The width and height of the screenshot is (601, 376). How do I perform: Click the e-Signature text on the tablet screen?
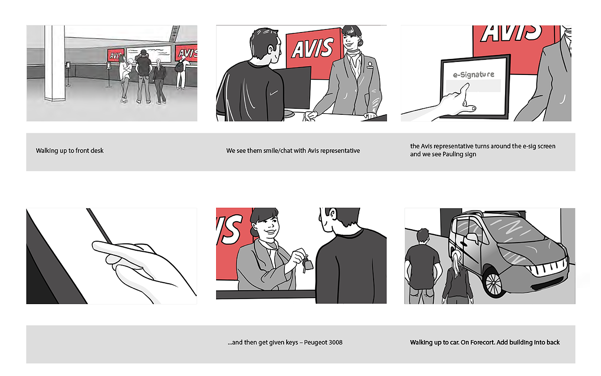[473, 75]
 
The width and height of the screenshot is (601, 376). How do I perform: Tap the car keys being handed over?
[307, 264]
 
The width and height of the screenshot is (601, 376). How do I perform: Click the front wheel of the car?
[493, 284]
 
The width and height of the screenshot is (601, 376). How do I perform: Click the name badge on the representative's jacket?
[370, 65]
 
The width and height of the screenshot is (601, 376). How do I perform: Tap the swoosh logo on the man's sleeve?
[274, 93]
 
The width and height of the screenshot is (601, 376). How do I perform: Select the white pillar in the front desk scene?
[55, 63]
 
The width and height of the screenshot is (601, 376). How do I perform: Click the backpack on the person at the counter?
[179, 66]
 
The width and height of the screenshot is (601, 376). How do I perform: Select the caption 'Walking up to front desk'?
[70, 150]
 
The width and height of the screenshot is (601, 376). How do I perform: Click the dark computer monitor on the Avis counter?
[292, 88]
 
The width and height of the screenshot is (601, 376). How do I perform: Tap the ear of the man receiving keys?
[332, 214]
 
